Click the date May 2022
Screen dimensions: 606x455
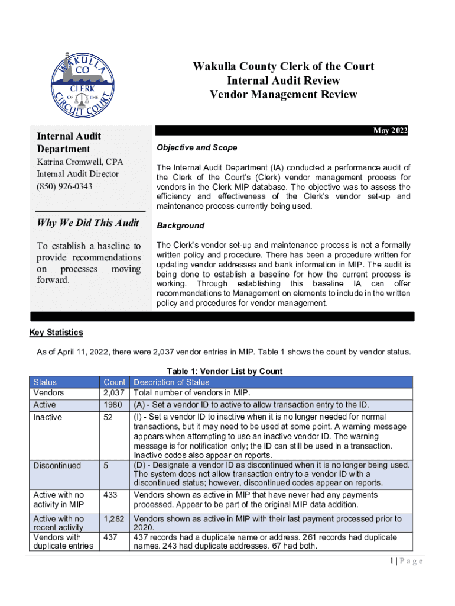[390, 131]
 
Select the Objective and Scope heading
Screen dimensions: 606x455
[197, 147]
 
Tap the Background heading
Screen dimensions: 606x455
[180, 225]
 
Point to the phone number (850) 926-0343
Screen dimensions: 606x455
[64, 186]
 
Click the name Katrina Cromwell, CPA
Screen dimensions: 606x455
[80, 162]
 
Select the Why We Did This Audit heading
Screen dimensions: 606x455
[87, 223]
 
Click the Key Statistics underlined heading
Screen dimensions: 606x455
[56, 333]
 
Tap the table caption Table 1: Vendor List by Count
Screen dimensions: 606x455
[225, 371]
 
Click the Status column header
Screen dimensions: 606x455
[45, 382]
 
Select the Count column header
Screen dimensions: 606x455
[114, 382]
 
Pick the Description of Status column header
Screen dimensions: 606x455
[172, 382]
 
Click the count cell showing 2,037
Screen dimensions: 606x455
[114, 392]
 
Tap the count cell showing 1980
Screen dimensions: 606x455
[112, 405]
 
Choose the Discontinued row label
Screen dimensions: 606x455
[57, 465]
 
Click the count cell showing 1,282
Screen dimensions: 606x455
[114, 518]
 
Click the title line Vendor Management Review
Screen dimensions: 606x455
[284, 95]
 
